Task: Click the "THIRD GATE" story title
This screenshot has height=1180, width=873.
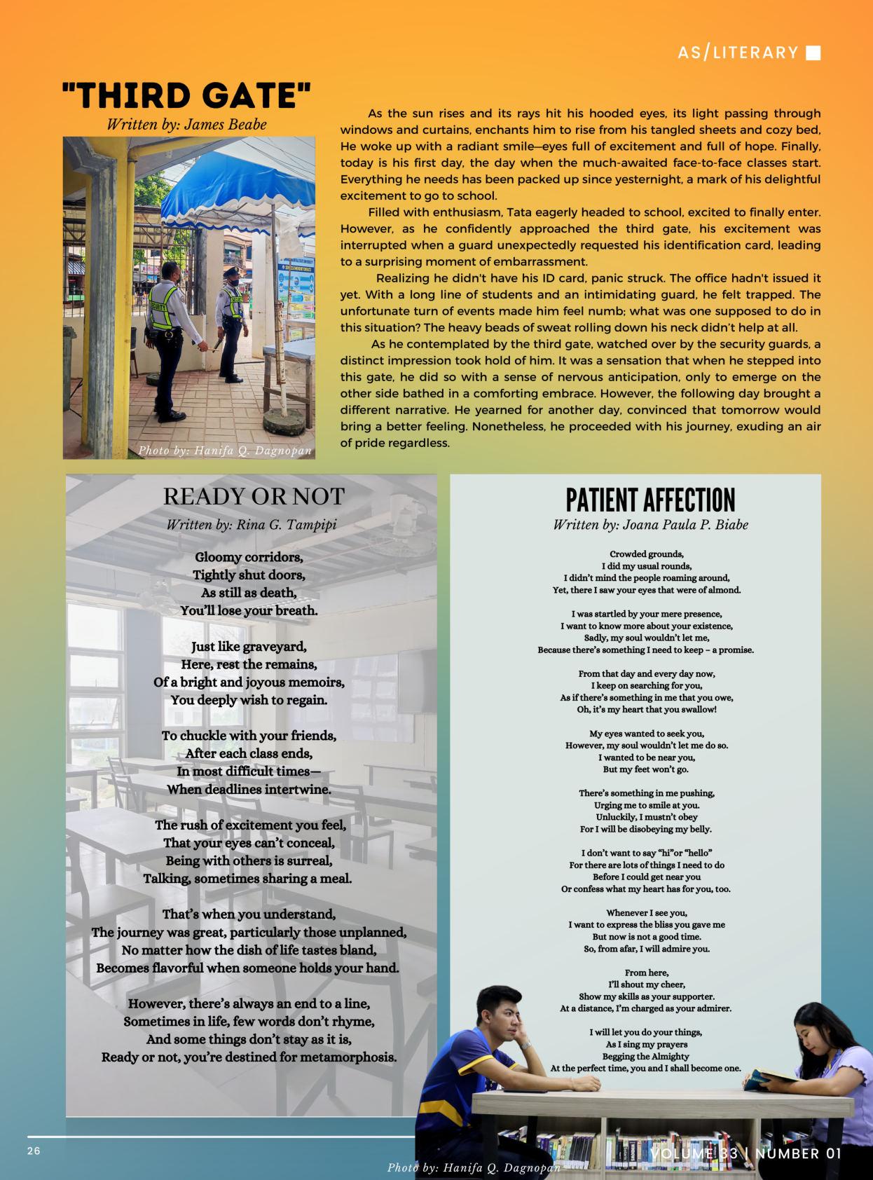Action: (x=186, y=96)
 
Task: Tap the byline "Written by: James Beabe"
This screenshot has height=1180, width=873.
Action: (x=186, y=125)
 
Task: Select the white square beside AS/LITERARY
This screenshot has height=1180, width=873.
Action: (x=813, y=53)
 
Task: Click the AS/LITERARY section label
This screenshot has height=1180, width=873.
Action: (x=738, y=53)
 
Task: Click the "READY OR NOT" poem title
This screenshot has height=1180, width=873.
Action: (x=254, y=497)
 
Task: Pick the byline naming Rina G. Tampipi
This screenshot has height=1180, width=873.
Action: (x=252, y=525)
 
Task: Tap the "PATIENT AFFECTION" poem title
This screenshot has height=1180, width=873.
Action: (x=650, y=500)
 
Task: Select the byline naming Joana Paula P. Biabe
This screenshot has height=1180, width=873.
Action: (x=650, y=525)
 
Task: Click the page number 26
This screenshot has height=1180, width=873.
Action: (x=34, y=1151)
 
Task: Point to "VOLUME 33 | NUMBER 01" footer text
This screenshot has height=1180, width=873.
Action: (x=745, y=1153)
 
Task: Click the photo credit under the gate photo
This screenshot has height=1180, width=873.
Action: (x=224, y=451)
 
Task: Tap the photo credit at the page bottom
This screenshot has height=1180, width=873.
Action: (x=474, y=1168)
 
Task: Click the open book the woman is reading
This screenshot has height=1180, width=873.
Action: (x=769, y=1077)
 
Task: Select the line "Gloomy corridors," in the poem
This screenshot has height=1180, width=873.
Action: (x=249, y=558)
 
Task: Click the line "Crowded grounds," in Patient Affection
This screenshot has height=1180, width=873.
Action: (x=647, y=554)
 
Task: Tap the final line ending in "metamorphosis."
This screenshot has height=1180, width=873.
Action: (x=249, y=1057)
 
